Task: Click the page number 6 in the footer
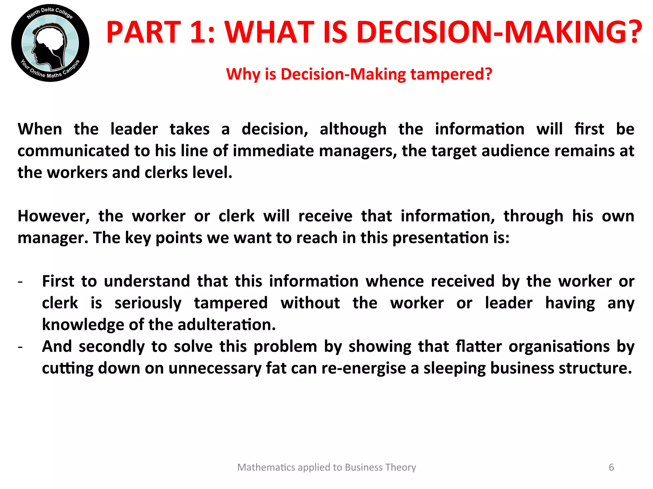611,467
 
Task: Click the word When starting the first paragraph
40,129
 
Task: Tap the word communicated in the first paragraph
73,151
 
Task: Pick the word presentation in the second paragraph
440,238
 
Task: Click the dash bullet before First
20,282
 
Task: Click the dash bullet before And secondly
20,347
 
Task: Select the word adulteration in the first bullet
226,325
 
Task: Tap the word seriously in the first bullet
148,303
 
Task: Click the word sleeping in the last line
454,368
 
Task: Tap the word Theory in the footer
400,467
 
